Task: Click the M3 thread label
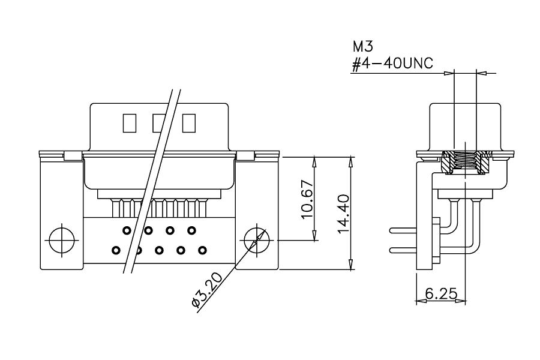point(362,46)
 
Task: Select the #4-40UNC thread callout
point(392,64)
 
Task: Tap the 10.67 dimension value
point(307,199)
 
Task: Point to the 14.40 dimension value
point(343,214)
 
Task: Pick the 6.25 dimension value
point(441,294)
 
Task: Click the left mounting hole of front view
point(62,240)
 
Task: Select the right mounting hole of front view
point(257,240)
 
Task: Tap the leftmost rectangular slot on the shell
point(130,124)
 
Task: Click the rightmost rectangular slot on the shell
point(189,124)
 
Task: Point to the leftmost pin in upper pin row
point(127,230)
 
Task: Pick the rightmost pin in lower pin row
point(203,250)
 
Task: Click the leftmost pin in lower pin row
point(116,250)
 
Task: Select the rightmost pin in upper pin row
point(192,230)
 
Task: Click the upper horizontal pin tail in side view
point(403,230)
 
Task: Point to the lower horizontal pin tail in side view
point(403,250)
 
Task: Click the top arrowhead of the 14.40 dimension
point(351,162)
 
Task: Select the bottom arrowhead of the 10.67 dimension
point(314,235)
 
